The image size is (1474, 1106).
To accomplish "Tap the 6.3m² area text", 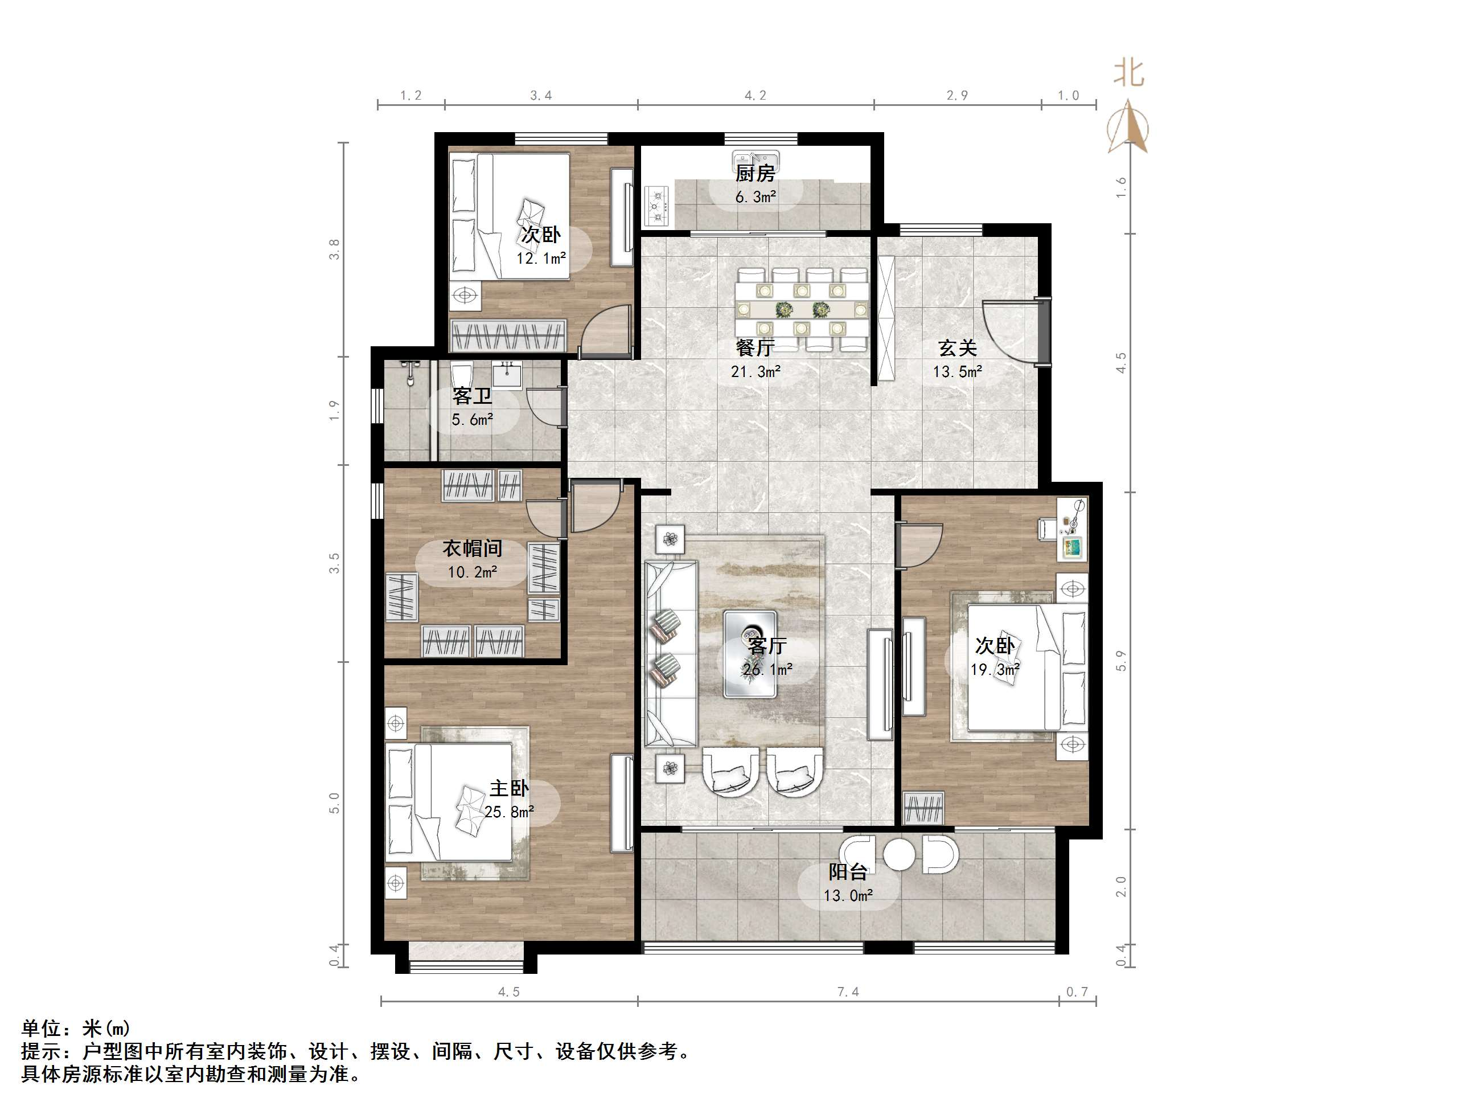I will [x=756, y=197].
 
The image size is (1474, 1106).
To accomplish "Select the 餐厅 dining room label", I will [x=755, y=348].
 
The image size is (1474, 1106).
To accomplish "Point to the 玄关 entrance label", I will [x=958, y=348].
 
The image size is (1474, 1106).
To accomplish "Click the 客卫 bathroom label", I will [x=472, y=396].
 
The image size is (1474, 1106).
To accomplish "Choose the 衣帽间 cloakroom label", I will [x=472, y=548].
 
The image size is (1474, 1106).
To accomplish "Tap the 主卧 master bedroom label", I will [x=509, y=789].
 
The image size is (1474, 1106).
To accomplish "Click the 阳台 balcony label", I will [x=848, y=872].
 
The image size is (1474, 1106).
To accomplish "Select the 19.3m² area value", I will [x=994, y=669].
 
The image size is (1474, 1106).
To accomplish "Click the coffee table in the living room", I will [x=750, y=654].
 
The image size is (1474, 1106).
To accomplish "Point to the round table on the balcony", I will [x=900, y=854].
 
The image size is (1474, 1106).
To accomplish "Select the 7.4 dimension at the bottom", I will [x=848, y=992].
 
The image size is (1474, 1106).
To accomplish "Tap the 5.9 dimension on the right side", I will [x=1121, y=660].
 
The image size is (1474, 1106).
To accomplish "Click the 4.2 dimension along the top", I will [x=755, y=95].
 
